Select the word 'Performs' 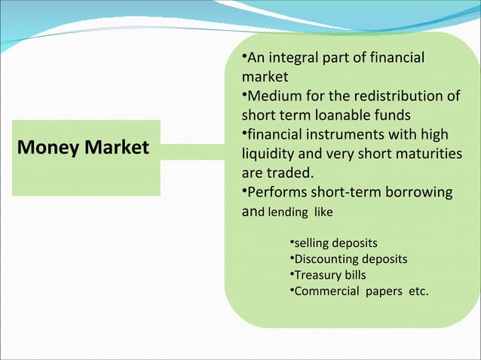tap(277, 192)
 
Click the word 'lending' tap(287, 212)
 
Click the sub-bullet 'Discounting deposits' tap(350, 259)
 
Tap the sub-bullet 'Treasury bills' tap(329, 275)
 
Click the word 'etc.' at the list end tap(418, 291)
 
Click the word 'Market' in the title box tap(117, 147)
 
